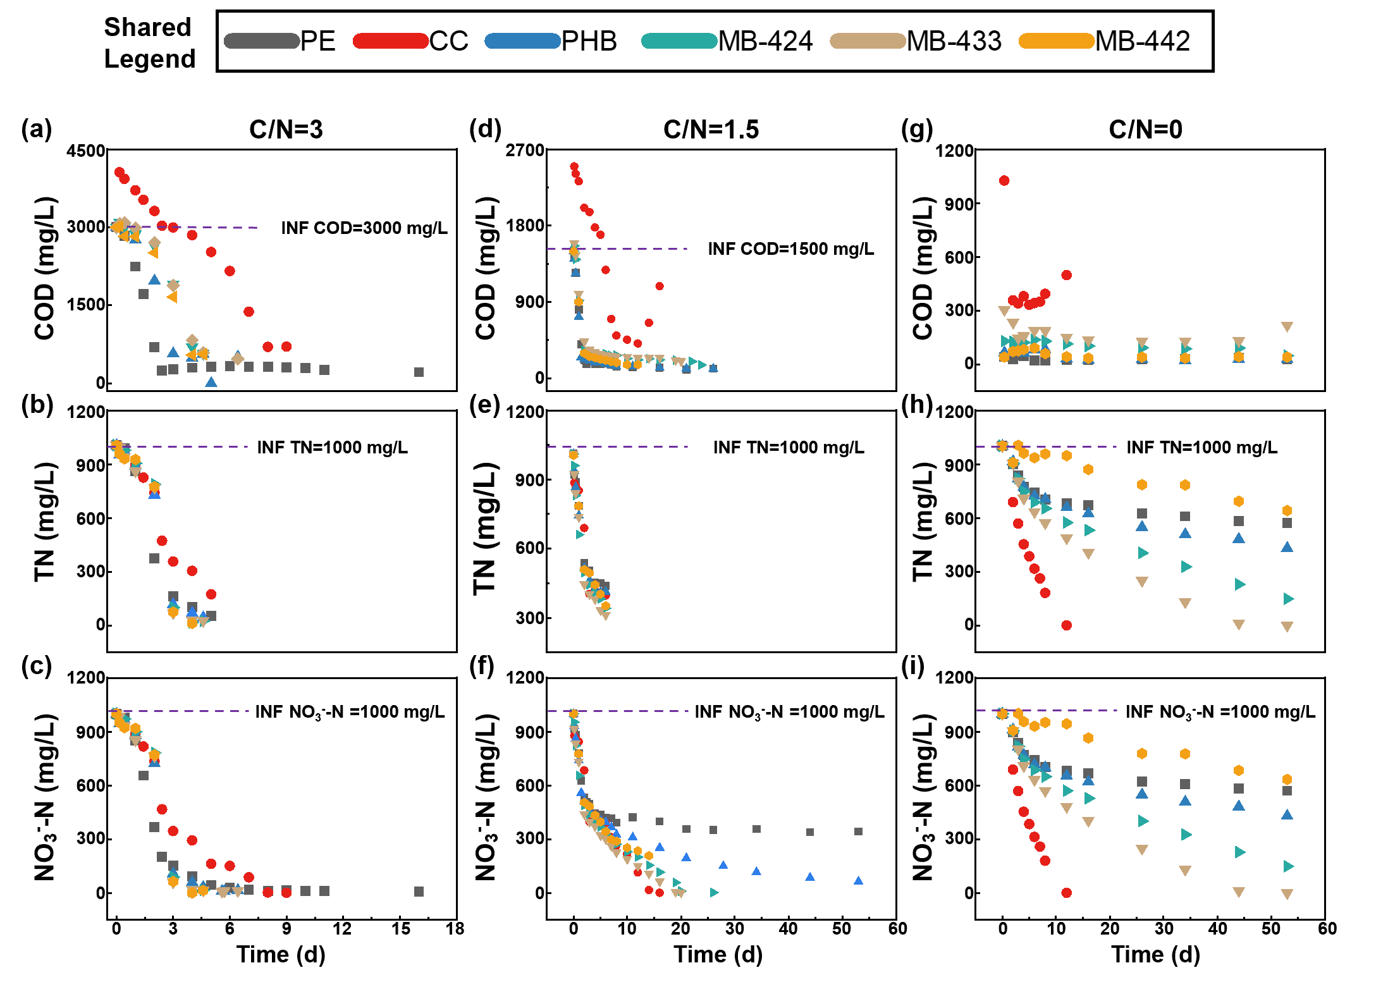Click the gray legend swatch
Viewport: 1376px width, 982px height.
coord(262,41)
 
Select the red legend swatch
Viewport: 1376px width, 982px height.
coord(391,41)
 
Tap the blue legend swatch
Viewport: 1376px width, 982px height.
coord(523,41)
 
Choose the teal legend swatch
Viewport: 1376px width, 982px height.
coord(680,41)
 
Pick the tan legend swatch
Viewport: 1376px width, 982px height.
coord(868,41)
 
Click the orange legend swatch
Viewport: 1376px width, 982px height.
coord(1057,41)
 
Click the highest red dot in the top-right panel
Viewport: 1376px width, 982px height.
coord(1004,181)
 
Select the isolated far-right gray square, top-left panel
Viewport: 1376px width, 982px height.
coord(419,372)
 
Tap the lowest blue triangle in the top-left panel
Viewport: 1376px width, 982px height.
coord(211,382)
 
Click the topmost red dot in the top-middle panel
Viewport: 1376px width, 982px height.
coord(574,167)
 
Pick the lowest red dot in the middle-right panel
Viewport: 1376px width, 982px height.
coord(1067,625)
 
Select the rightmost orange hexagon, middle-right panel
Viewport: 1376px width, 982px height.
coord(1287,510)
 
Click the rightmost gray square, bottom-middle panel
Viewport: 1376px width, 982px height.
coord(859,832)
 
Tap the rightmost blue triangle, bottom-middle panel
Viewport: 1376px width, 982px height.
coord(859,880)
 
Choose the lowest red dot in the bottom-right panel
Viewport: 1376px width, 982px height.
coord(1067,893)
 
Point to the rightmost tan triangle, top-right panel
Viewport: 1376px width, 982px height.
coord(1287,327)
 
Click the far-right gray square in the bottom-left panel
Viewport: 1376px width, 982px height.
coord(419,892)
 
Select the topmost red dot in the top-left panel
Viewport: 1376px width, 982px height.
coord(120,172)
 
